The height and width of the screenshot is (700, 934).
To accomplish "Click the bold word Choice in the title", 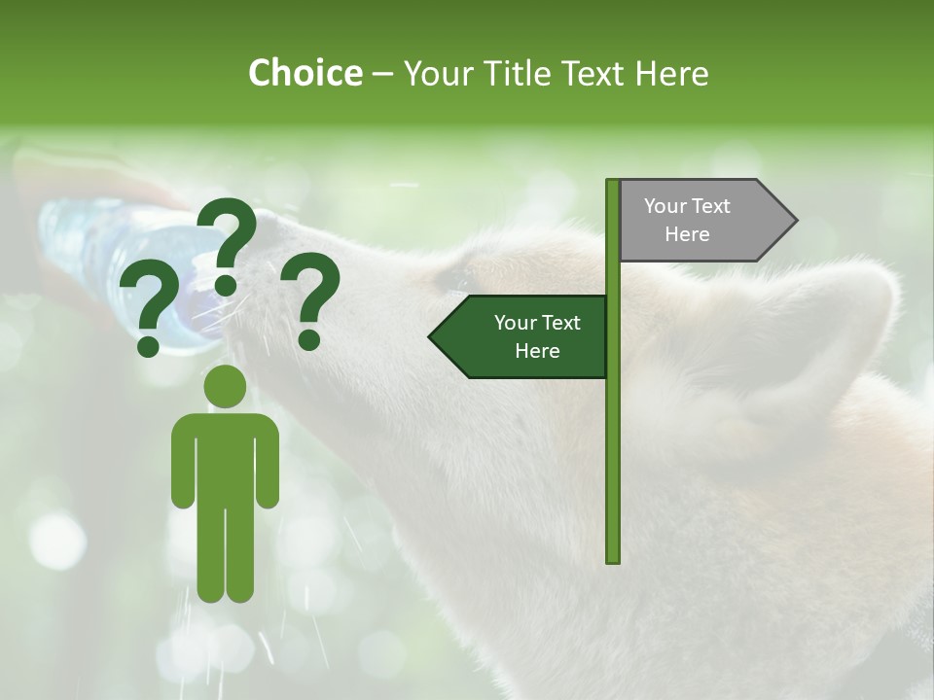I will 305,73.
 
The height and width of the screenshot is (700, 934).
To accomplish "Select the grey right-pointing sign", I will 700,221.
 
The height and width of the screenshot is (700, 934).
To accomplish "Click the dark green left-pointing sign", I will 525,336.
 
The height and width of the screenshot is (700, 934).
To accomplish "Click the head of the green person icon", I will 225,386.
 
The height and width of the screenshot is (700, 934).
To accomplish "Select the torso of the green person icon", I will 225,457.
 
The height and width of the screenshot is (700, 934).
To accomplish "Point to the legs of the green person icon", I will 225,554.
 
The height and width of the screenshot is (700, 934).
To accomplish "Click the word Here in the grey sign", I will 687,234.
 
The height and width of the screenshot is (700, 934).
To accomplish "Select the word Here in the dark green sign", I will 537,351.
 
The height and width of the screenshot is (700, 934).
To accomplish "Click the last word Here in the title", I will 672,73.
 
